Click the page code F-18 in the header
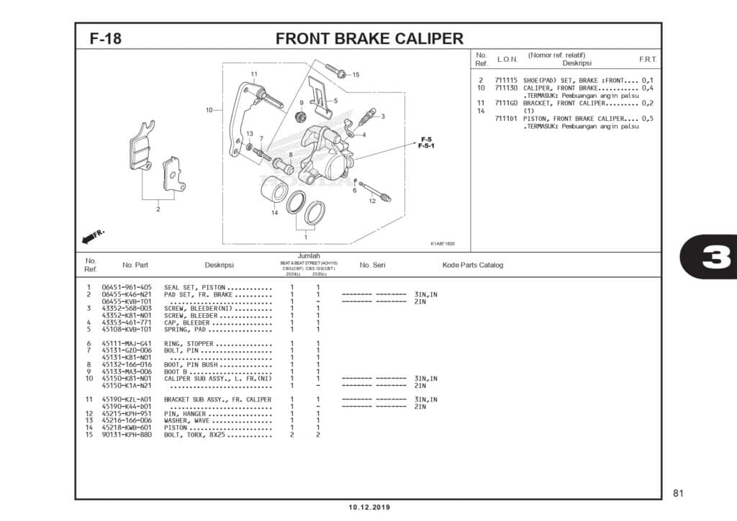click(105, 39)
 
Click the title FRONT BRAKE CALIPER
click(369, 39)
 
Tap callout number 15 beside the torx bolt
click(356, 75)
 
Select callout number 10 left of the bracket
click(209, 110)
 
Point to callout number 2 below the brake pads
click(158, 209)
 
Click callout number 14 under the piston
click(274, 213)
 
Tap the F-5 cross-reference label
click(425, 139)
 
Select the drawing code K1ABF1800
click(443, 243)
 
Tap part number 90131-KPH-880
click(127, 435)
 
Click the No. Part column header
click(135, 265)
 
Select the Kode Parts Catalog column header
click(473, 265)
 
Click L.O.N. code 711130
click(506, 88)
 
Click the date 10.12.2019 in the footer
click(369, 507)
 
